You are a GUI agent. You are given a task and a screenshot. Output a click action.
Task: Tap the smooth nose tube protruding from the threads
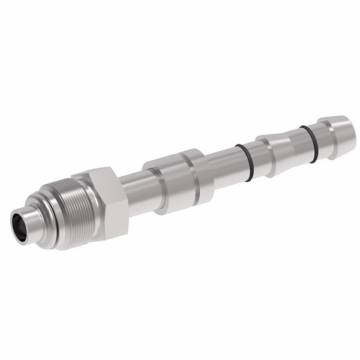coord(30,221)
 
